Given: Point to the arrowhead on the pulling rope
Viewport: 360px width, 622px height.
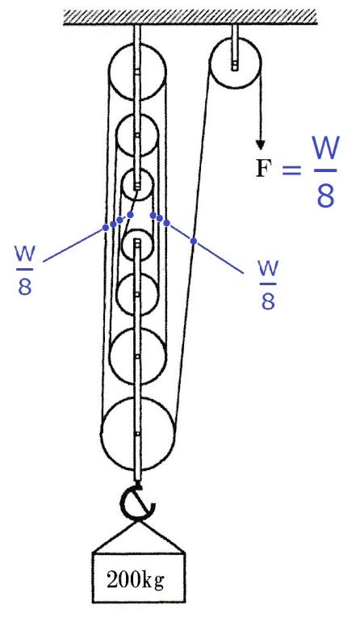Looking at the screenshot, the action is tap(260, 145).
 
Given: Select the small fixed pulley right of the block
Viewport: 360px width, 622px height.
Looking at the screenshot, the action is tap(235, 64).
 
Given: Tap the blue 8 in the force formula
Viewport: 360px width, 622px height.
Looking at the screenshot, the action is tap(325, 195).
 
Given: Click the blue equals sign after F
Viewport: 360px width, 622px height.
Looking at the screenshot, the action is tap(292, 170).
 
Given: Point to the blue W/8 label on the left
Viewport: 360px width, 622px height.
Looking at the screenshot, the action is tap(25, 270).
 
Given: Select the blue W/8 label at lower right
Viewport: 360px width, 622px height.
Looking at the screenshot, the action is tap(268, 285).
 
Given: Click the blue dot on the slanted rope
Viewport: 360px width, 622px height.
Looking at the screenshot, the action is tap(194, 241).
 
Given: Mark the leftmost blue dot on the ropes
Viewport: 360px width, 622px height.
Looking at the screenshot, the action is tap(106, 227).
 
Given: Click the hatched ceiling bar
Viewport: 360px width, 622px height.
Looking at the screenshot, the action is tap(190, 17).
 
